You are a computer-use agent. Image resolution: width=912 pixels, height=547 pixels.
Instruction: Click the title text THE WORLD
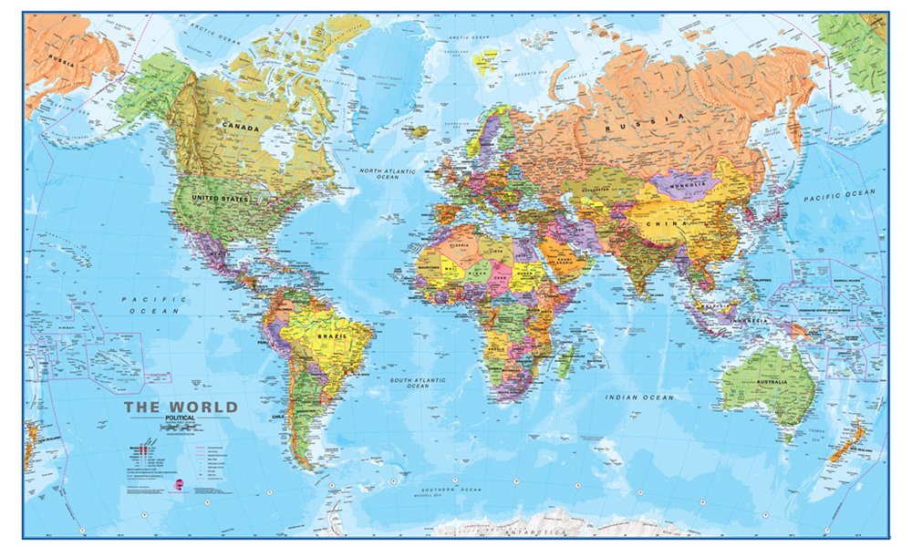[x=181, y=407]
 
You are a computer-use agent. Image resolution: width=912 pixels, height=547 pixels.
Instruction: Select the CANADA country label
[x=239, y=129]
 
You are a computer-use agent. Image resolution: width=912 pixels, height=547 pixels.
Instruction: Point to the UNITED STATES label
[x=221, y=197]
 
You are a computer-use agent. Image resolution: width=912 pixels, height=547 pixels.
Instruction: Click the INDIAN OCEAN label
[x=640, y=397]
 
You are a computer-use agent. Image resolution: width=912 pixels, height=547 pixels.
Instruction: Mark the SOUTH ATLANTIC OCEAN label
[x=418, y=382]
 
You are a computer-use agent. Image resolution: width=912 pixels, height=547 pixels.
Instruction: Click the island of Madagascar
[x=565, y=360]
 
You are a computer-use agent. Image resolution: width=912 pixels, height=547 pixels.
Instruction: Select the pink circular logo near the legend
[x=180, y=483]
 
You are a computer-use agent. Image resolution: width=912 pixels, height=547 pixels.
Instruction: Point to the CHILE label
[x=279, y=417]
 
